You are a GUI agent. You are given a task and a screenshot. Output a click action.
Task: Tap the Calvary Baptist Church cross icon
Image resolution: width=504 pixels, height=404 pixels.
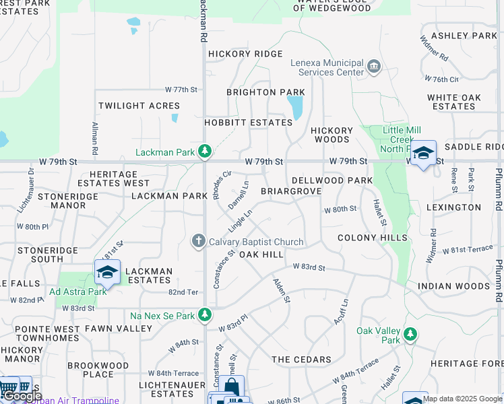198,240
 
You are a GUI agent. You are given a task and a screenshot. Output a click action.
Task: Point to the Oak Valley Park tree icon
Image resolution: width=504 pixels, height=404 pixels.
409,335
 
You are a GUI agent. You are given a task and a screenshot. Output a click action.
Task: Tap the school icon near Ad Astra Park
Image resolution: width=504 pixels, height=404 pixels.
107,272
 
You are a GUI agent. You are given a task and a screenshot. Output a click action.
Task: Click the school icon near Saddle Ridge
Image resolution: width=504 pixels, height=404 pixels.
423,153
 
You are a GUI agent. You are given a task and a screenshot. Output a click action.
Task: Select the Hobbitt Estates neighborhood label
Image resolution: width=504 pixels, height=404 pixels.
249,123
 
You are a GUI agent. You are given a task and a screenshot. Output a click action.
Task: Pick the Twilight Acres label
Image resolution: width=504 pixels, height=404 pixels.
139,106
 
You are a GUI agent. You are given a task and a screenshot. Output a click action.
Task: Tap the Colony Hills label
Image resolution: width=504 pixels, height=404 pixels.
373,238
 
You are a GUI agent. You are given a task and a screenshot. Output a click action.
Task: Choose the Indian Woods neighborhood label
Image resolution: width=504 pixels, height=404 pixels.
453,286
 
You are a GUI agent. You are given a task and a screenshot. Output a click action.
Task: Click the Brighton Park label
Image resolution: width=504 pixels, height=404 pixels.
265,92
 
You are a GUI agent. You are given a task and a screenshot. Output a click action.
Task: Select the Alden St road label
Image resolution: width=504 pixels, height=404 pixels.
282,290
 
